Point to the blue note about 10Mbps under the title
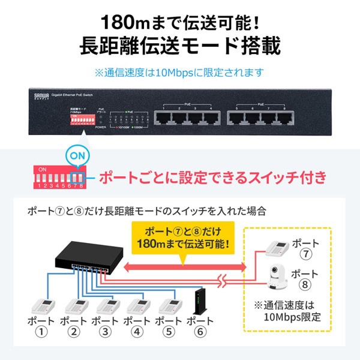pos(180,73)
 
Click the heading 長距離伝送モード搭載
pos(180,47)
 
